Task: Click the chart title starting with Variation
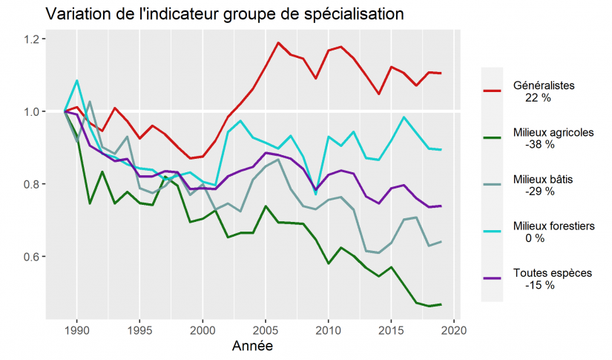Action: coord(225,14)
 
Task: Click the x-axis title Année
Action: coord(251,346)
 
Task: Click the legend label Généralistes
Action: coord(543,85)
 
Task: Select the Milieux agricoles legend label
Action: coord(553,132)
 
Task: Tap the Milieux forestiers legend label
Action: coord(553,226)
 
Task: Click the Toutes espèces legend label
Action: coord(552,272)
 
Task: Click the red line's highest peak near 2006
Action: coord(278,43)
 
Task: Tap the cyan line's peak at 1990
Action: coord(77,80)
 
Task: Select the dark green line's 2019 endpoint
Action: coord(441,304)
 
